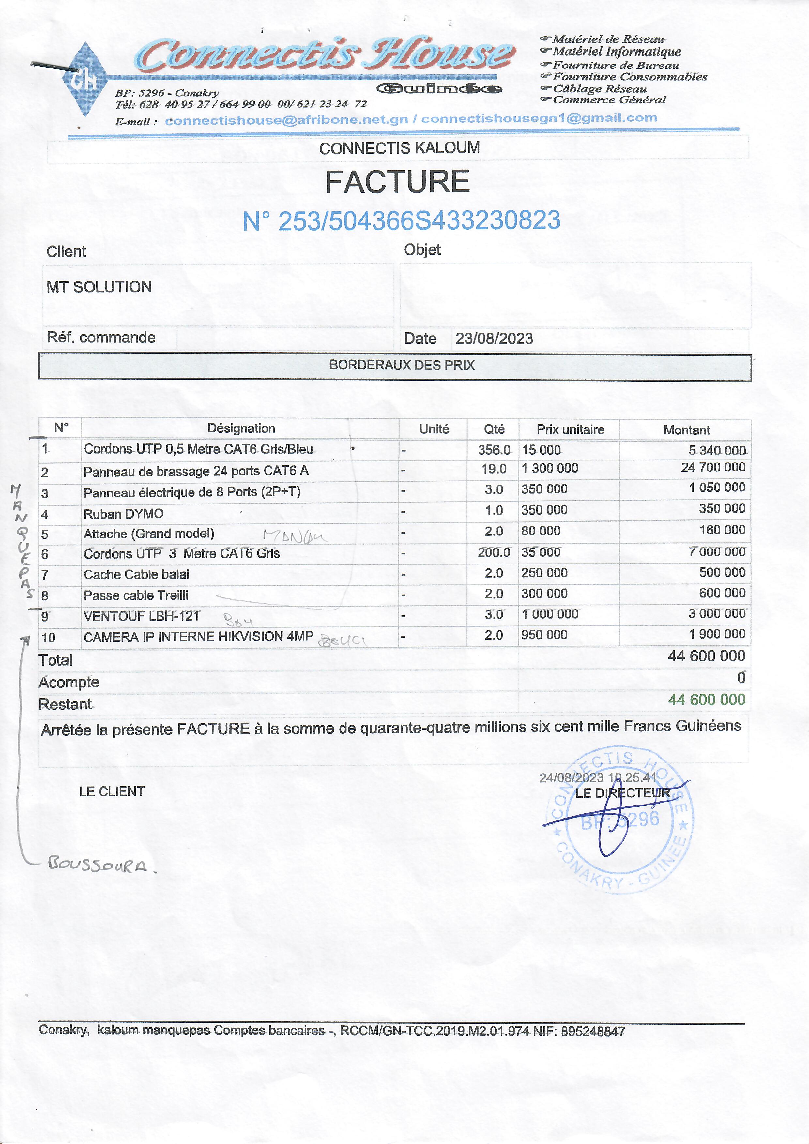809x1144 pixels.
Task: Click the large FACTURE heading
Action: (x=397, y=182)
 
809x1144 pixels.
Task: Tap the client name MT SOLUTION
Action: (x=99, y=287)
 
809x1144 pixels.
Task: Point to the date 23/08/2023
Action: (x=494, y=339)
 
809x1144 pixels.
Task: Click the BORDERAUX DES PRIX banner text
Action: (x=401, y=365)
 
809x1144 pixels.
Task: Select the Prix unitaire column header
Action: (x=570, y=429)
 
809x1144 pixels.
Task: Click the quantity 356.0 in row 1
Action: (x=494, y=450)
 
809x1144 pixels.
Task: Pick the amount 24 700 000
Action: (x=713, y=467)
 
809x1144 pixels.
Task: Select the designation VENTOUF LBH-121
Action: (x=142, y=616)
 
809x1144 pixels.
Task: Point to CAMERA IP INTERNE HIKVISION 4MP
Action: (x=198, y=637)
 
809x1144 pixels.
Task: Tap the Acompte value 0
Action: (x=741, y=678)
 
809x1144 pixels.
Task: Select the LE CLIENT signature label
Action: (x=112, y=791)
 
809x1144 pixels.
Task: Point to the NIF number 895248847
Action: (x=593, y=1031)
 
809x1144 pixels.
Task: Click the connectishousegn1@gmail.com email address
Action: (x=539, y=118)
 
